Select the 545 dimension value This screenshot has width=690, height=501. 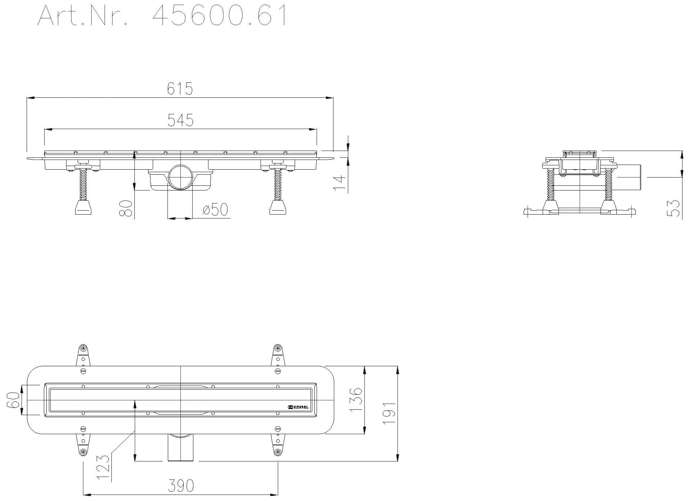180,120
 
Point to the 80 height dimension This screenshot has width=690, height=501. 126,209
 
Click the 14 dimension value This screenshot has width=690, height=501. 339,183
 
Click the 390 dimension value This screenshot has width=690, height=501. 180,486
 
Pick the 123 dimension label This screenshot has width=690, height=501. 103,467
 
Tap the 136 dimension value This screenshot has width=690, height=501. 355,400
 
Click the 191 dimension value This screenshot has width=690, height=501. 389,413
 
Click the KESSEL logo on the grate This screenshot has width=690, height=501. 298,408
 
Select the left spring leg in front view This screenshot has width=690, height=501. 83,185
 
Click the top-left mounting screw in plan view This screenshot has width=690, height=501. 83,348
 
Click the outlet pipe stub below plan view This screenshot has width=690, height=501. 180,449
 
